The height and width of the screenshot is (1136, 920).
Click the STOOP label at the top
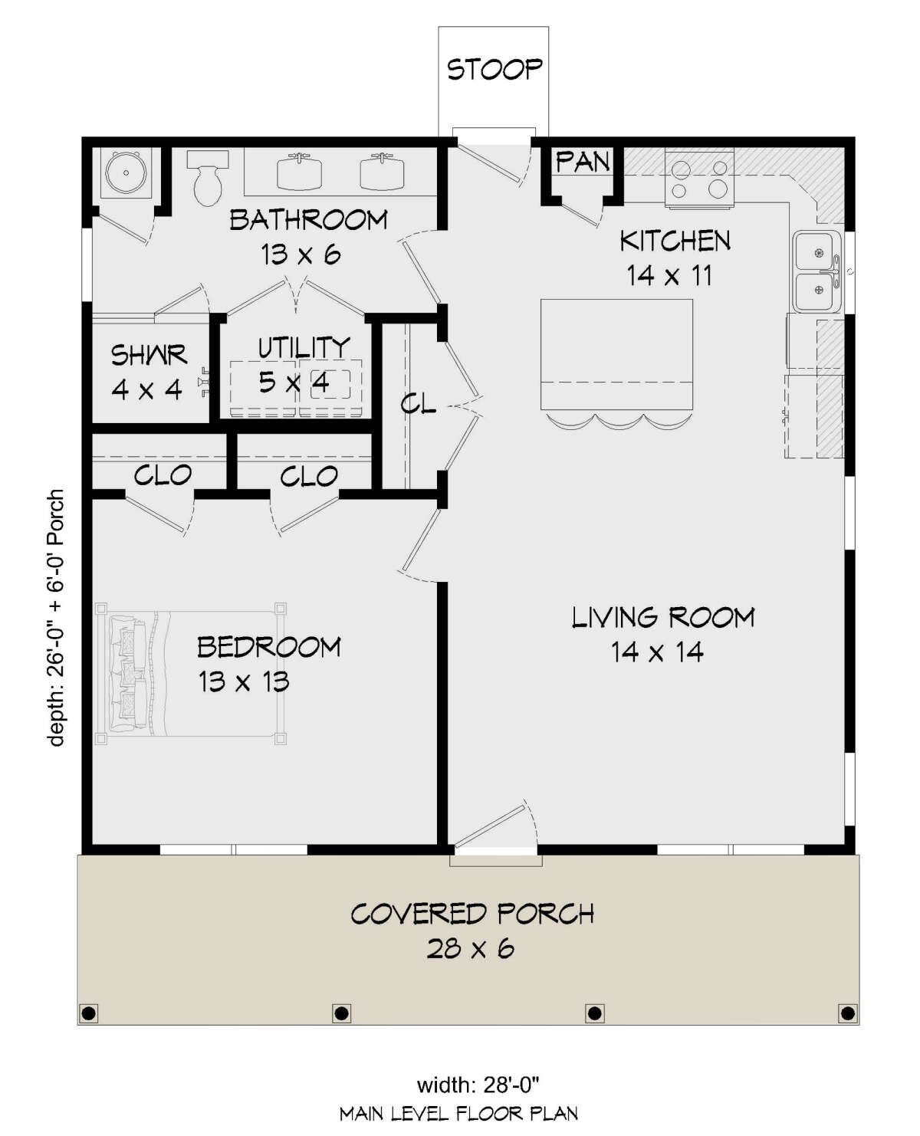point(494,69)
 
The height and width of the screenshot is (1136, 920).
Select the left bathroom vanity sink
point(300,172)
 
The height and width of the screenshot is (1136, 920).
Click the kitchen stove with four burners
point(699,179)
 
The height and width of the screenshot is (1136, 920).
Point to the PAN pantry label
point(583,162)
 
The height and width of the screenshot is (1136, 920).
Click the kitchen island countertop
point(616,354)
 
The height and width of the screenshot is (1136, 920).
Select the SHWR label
point(149,355)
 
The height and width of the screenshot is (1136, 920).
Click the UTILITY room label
point(304,348)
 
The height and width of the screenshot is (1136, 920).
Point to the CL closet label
point(419,404)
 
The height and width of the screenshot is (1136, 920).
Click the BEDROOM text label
point(268,647)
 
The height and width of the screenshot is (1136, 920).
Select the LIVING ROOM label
point(663,617)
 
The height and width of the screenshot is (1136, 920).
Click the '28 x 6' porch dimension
point(470,949)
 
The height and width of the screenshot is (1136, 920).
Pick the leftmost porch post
point(89,1013)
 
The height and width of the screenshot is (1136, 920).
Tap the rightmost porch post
point(847,1013)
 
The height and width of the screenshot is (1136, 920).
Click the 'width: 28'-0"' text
point(478,1085)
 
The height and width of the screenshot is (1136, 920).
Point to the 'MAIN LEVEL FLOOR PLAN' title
point(458,1114)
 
